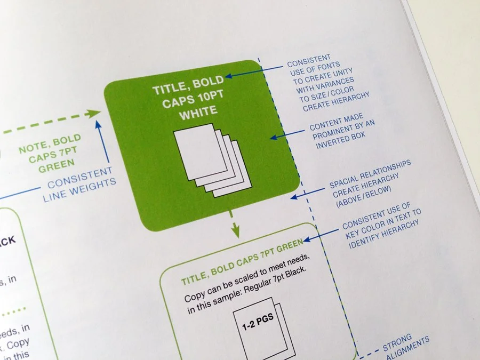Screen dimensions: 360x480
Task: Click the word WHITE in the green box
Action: (198, 111)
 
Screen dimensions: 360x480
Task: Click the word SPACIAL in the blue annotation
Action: (344, 183)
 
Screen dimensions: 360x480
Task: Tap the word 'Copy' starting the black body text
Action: (194, 297)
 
